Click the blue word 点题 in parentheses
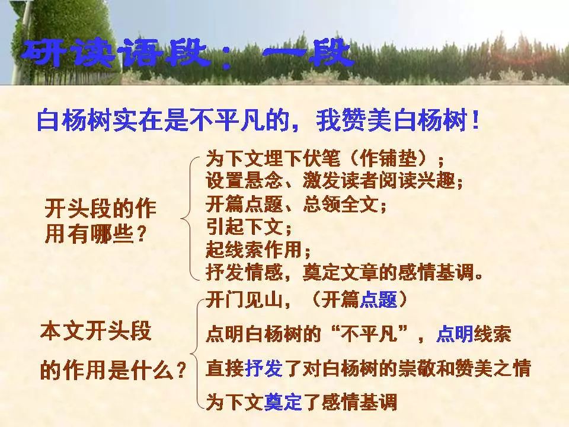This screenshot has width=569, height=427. tap(378, 300)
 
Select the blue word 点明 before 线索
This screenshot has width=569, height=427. tap(455, 334)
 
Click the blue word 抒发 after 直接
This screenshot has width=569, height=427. tap(264, 368)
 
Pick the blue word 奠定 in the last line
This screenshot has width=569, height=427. tap(283, 402)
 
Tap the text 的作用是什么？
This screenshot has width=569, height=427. tap(113, 370)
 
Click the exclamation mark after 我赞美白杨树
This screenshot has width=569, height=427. tap(476, 120)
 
